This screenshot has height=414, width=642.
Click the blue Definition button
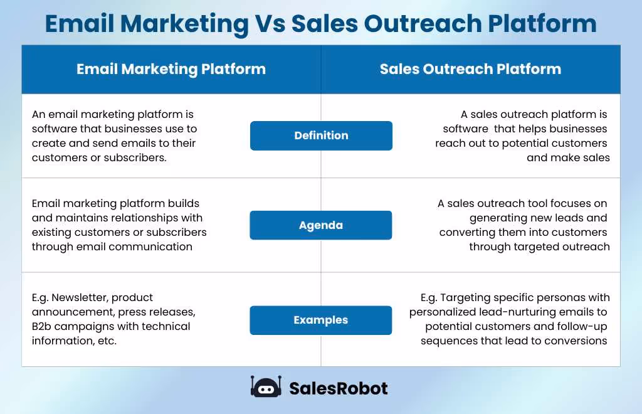coord(321,135)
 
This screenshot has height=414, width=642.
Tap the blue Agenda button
coord(320,225)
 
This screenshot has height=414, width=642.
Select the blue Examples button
coord(320,320)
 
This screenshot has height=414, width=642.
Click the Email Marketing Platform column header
coord(171,69)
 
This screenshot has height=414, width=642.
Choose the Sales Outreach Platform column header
coord(470,69)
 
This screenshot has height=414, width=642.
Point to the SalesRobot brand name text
coord(338,388)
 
